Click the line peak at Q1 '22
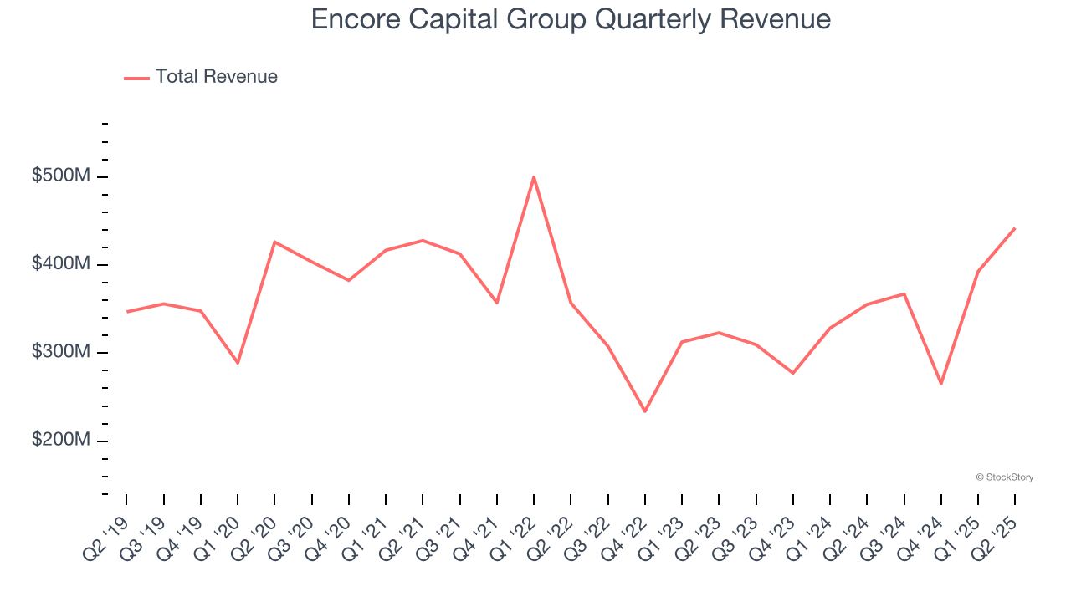click(x=534, y=177)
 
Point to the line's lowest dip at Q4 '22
click(x=645, y=411)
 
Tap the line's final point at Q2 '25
click(x=1015, y=228)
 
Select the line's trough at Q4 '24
click(x=941, y=384)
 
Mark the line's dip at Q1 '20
click(x=238, y=363)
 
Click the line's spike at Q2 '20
click(x=274, y=242)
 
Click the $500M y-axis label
click(x=60, y=176)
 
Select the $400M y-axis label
click(x=60, y=264)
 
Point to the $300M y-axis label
click(x=60, y=352)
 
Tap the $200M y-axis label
click(x=60, y=440)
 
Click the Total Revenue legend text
click(x=216, y=77)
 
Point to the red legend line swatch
click(x=136, y=78)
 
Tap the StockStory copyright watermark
click(x=1004, y=477)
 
